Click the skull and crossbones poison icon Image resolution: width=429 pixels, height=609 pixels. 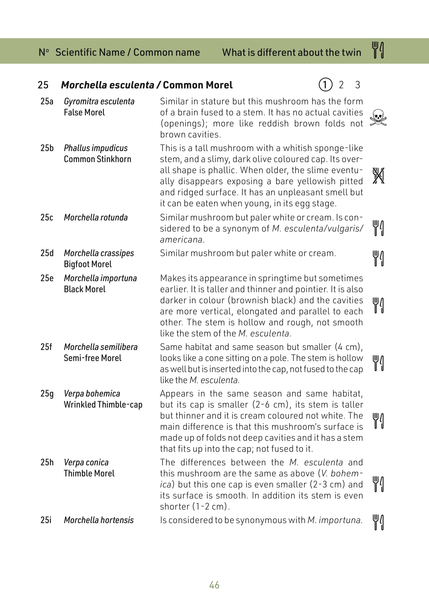pos(378,118)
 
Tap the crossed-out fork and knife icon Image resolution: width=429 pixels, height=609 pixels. pos(378,176)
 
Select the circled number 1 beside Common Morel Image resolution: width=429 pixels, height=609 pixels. pos(325,85)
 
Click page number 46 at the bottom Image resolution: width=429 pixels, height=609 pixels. pos(214,585)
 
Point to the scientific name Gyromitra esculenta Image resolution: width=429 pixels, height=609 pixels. pos(99,102)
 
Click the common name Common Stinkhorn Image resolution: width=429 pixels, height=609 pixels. pos(97,159)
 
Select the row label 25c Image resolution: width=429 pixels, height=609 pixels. pos(47,217)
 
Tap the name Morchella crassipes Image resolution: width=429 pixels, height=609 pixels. pos(99,253)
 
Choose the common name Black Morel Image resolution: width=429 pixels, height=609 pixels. pos(85,289)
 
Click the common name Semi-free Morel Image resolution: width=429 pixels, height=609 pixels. pos(93,358)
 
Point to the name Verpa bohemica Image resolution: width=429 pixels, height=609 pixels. pos(92,394)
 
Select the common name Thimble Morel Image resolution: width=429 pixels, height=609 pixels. pos(89,474)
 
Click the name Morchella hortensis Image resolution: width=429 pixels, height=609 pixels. pos(99,520)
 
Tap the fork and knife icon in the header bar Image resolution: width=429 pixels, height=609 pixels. pos(378,50)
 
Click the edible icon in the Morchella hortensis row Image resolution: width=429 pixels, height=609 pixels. pos(378,523)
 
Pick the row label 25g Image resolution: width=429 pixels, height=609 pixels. pos(47,394)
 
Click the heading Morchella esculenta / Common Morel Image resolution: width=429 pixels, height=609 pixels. pos(147,85)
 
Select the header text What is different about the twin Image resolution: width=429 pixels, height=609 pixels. pos(292,53)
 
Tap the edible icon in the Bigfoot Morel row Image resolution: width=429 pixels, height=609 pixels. pos(378,258)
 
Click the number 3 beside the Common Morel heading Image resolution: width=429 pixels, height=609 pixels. pos(357,85)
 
